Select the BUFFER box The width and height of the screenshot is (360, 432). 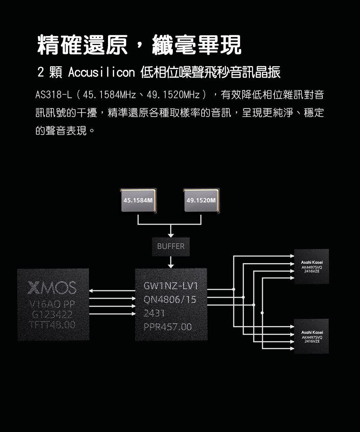click(x=171, y=247)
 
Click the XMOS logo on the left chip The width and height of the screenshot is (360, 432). click(x=53, y=288)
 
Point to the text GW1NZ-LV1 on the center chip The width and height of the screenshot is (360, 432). click(x=171, y=286)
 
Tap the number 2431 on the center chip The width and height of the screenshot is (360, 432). click(x=153, y=314)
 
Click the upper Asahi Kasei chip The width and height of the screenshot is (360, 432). click(x=311, y=266)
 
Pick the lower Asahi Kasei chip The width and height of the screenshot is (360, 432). click(x=311, y=336)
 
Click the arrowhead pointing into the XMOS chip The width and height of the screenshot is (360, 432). click(x=92, y=290)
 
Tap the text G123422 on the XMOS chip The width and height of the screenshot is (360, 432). click(x=53, y=315)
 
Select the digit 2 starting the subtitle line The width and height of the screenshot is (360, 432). click(x=41, y=73)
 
